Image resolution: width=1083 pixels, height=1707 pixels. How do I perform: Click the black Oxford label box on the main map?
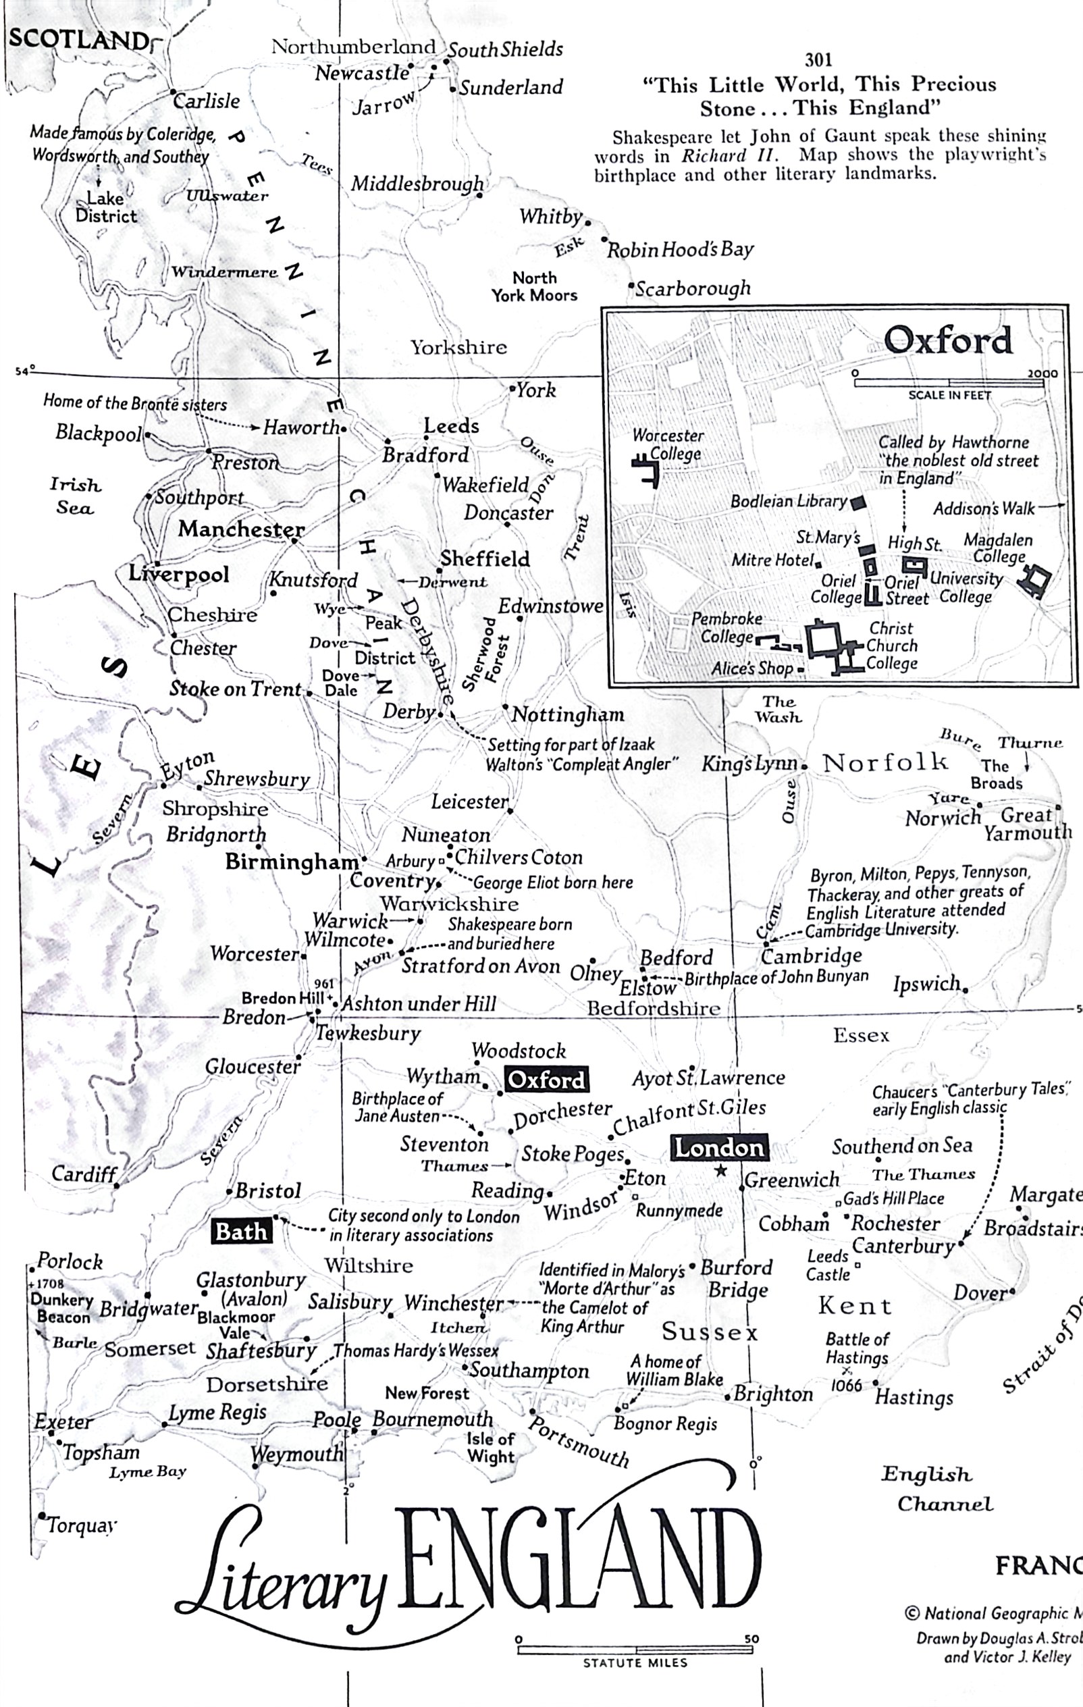pos(546,1080)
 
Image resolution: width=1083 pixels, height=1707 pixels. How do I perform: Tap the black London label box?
pos(718,1147)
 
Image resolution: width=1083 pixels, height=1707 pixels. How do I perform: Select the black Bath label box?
pos(241,1232)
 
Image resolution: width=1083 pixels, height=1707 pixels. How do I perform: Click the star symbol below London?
pos(721,1170)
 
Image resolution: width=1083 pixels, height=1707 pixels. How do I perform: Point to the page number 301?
pos(818,60)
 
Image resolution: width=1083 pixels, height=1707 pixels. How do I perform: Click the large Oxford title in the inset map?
pos(948,341)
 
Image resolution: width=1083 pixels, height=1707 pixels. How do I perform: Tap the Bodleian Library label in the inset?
pos(789,501)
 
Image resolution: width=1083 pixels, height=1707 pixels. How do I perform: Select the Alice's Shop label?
pos(752,668)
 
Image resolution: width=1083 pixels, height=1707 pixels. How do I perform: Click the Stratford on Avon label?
pos(481,966)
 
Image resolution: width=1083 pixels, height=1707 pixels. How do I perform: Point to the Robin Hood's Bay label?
pos(680,250)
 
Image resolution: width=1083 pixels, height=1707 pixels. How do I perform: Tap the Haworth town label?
pos(301,427)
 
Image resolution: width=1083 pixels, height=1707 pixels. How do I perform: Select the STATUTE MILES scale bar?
pos(635,1650)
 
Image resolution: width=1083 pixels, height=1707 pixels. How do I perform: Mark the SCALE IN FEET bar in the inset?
pos(949,384)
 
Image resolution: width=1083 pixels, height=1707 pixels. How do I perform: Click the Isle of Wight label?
pos(490,1448)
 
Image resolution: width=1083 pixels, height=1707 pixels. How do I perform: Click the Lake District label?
pos(105,207)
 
